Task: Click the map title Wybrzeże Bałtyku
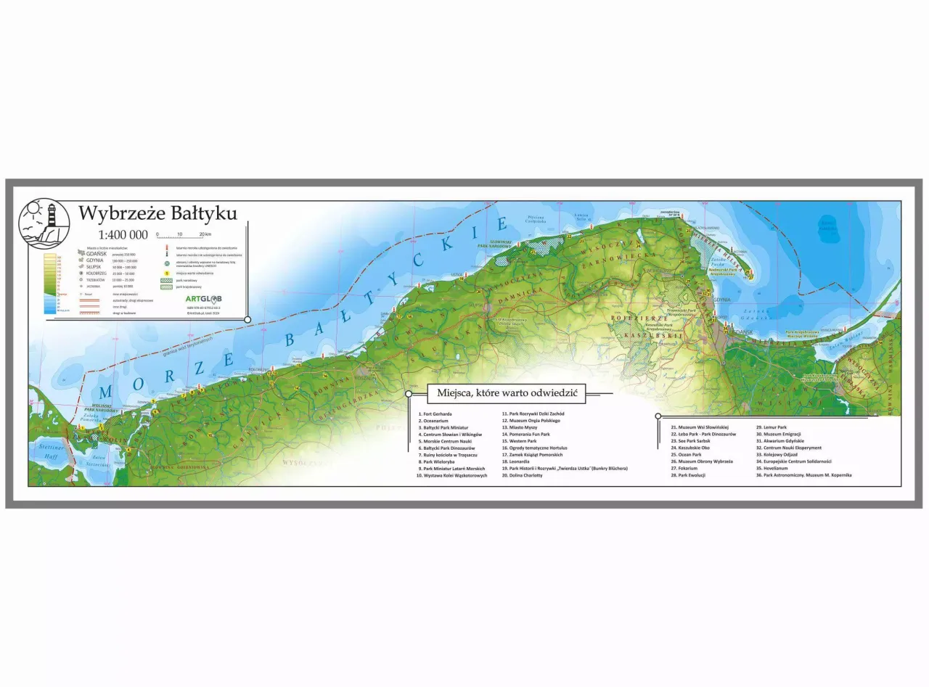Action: (x=157, y=213)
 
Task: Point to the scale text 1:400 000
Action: (x=123, y=234)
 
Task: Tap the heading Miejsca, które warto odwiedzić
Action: (x=506, y=393)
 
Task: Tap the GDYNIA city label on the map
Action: (x=721, y=299)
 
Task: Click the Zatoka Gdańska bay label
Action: (x=755, y=314)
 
